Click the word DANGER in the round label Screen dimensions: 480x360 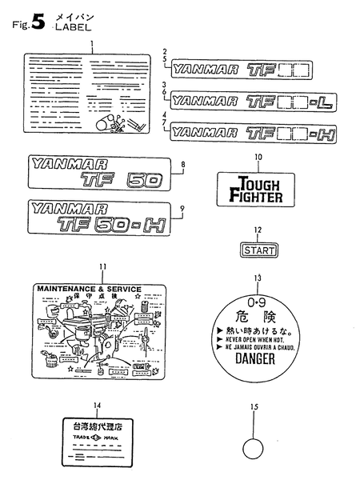[x=256, y=358]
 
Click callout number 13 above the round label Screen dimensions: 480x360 [x=257, y=278]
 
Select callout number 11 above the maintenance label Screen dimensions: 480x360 [x=102, y=266]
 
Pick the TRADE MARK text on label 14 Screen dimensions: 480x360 [x=93, y=438]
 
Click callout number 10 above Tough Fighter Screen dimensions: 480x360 [x=258, y=157]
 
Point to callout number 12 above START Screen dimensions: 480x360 [x=258, y=230]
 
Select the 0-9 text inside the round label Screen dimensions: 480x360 [x=256, y=304]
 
